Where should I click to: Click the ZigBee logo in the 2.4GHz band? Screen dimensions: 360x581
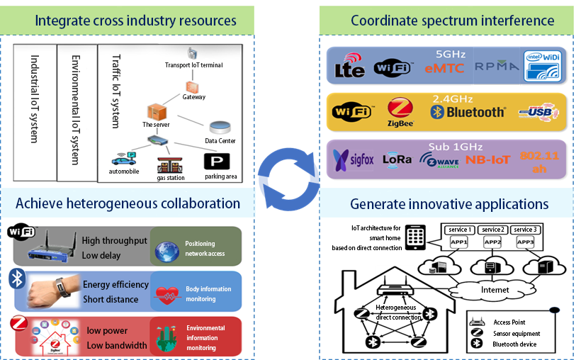(x=400, y=111)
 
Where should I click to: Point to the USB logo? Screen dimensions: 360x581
(x=538, y=112)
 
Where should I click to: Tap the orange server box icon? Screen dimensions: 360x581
(x=155, y=111)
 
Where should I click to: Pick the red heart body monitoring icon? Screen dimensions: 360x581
(x=169, y=293)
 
